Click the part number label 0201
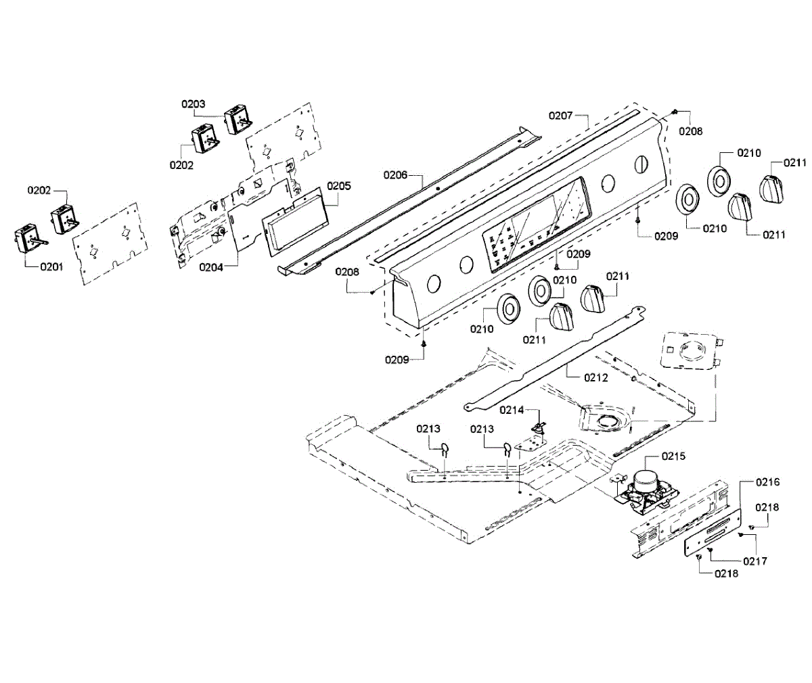coord(51,266)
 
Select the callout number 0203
coord(193,104)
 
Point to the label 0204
coord(211,267)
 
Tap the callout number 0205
coord(339,186)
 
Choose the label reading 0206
coord(396,175)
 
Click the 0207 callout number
coord(560,116)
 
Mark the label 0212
coord(596,377)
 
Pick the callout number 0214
coord(512,410)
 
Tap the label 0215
coord(673,456)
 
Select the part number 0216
coord(767,482)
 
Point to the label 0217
coord(755,561)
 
